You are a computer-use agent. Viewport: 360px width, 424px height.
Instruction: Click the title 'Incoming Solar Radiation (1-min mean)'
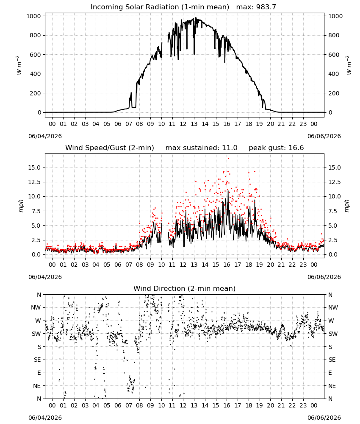coord(160,7)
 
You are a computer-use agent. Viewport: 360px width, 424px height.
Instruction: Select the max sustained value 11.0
coord(230,148)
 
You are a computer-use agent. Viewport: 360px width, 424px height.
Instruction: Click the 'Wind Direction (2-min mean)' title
coord(185,288)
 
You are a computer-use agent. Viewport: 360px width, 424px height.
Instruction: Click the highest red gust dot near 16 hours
coord(228,159)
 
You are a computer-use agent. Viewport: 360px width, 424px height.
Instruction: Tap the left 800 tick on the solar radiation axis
coord(36,36)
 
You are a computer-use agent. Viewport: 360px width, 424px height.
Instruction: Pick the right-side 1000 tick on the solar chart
coord(335,16)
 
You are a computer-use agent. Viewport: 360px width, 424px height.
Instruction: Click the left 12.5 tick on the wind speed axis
coord(34,182)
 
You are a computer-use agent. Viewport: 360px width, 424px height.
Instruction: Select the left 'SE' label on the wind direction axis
coord(37,360)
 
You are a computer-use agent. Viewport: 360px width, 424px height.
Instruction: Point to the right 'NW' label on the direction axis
coord(333,308)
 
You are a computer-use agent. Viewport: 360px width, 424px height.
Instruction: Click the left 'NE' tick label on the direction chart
coord(37,386)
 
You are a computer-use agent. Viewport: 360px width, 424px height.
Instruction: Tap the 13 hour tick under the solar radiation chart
coord(194,124)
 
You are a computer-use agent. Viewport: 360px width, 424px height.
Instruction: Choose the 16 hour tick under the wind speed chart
coord(227,265)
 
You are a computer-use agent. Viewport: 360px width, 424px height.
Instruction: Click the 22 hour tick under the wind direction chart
coord(292,406)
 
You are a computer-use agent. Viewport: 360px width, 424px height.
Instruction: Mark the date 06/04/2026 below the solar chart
coord(45,136)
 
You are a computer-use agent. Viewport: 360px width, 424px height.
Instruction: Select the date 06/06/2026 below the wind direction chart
coord(324,418)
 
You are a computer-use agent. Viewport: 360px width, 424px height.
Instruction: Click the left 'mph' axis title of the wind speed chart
coord(21,206)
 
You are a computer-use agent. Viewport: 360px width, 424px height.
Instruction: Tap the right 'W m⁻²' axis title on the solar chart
coord(349,65)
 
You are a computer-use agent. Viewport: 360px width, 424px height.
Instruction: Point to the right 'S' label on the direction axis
coord(330,347)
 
